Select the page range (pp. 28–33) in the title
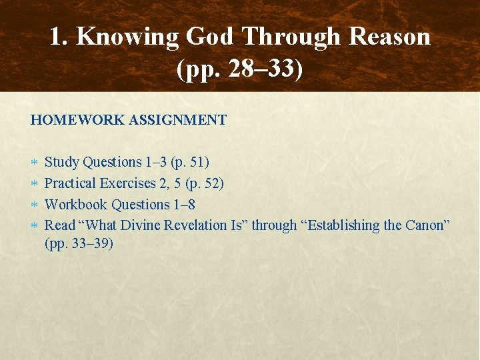[240, 68]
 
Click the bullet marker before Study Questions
[34, 162]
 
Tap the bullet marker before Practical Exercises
[34, 183]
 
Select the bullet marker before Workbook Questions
[34, 205]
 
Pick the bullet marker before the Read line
[34, 225]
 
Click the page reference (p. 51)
[190, 162]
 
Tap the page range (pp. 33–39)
[79, 243]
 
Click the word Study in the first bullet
[61, 162]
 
